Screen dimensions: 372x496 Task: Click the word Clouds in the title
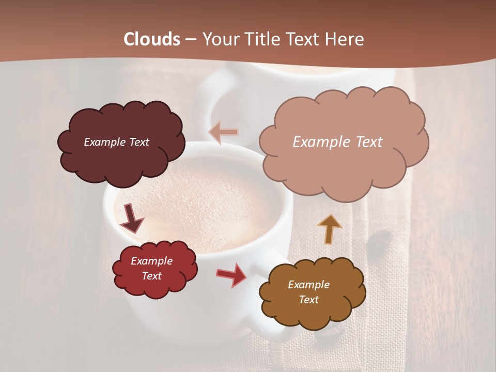152,39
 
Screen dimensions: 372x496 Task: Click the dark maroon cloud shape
121,155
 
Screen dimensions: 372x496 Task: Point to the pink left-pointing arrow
223,132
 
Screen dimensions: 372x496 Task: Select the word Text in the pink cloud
365,142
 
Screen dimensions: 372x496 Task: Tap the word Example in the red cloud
151,261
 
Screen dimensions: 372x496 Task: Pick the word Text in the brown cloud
308,300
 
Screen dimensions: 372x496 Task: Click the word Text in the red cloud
151,276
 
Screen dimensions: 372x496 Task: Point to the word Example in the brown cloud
308,285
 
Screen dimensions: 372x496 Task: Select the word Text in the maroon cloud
139,142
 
